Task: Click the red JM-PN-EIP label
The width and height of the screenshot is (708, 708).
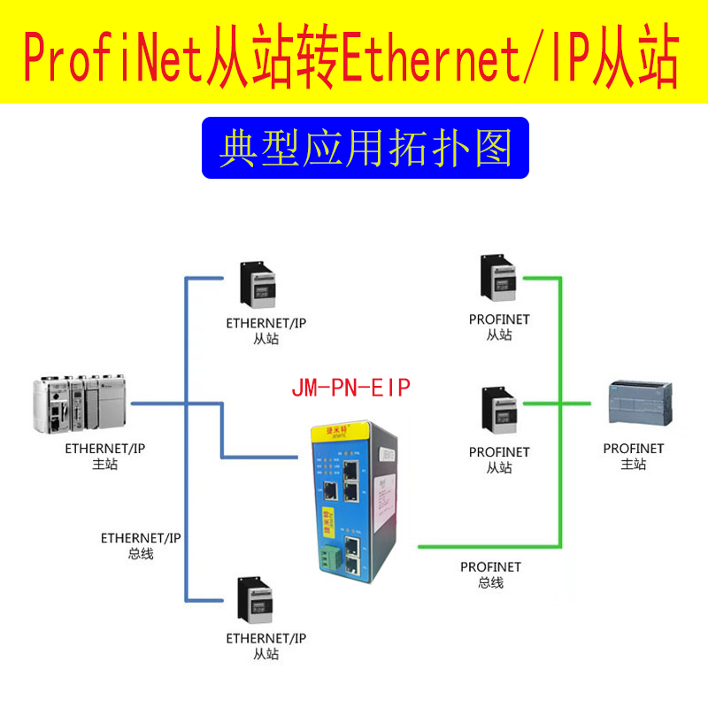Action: click(x=350, y=388)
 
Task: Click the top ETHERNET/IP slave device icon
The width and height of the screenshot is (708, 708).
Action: click(x=258, y=286)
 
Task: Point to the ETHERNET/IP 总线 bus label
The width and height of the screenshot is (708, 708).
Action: click(x=141, y=545)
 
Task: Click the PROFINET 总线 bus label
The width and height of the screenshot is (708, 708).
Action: click(x=490, y=574)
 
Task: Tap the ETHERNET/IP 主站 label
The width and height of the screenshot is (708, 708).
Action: click(x=104, y=457)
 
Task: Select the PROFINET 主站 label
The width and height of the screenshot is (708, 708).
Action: click(x=634, y=456)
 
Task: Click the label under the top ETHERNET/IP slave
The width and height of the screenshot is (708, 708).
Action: click(x=265, y=330)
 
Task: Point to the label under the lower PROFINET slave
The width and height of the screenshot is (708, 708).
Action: click(x=499, y=459)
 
